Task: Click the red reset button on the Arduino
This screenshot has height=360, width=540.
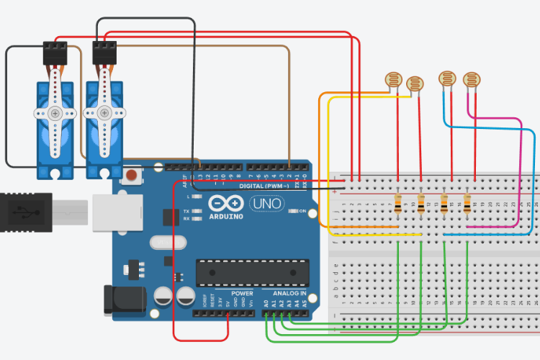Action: [132, 175]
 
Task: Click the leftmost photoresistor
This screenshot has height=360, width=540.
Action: [393, 79]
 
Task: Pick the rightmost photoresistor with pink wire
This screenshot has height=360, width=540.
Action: [471, 79]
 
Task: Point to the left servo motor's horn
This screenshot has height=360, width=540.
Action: [54, 114]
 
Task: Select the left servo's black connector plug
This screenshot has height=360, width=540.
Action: [55, 52]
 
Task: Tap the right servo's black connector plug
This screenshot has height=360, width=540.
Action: [104, 52]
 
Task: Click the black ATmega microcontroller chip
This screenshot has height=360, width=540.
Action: [252, 272]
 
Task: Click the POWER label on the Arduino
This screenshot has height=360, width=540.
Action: [242, 294]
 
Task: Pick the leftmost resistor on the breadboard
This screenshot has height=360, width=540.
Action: [398, 204]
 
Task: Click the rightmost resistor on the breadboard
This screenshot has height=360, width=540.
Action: [467, 204]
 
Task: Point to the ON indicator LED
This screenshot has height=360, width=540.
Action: [293, 211]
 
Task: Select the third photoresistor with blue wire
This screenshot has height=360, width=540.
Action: [446, 79]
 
